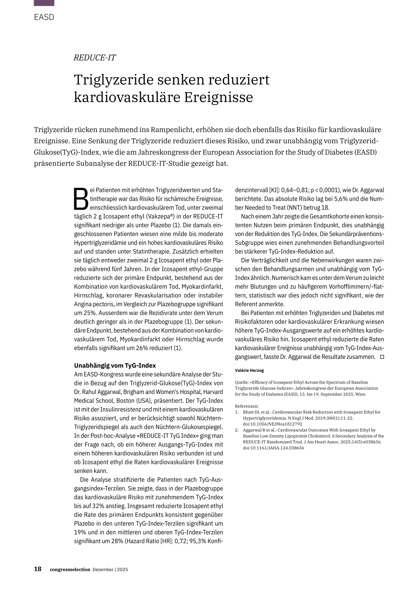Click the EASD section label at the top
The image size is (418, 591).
pos(44,17)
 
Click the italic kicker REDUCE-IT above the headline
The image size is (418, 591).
pos(95,58)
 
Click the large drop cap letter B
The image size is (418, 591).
pos(81,199)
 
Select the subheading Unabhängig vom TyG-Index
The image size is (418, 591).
pos(115,366)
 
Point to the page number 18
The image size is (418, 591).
pos(38,569)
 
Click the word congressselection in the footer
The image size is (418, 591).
pos(70,570)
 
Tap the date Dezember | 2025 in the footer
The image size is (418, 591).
pos(110,570)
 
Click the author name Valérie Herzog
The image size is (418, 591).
pos(249,371)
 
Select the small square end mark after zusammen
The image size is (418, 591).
pos(382,357)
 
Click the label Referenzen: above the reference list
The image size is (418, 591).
pos(247,406)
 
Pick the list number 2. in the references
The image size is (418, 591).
pos(237,430)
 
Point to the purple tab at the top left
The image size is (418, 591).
pos(44,3)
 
